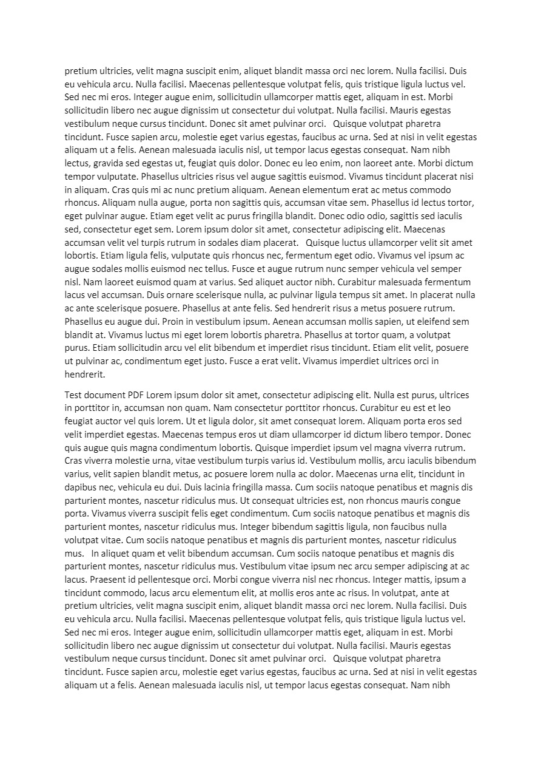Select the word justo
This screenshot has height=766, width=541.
tap(257, 361)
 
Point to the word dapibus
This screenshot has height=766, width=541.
tap(81, 487)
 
